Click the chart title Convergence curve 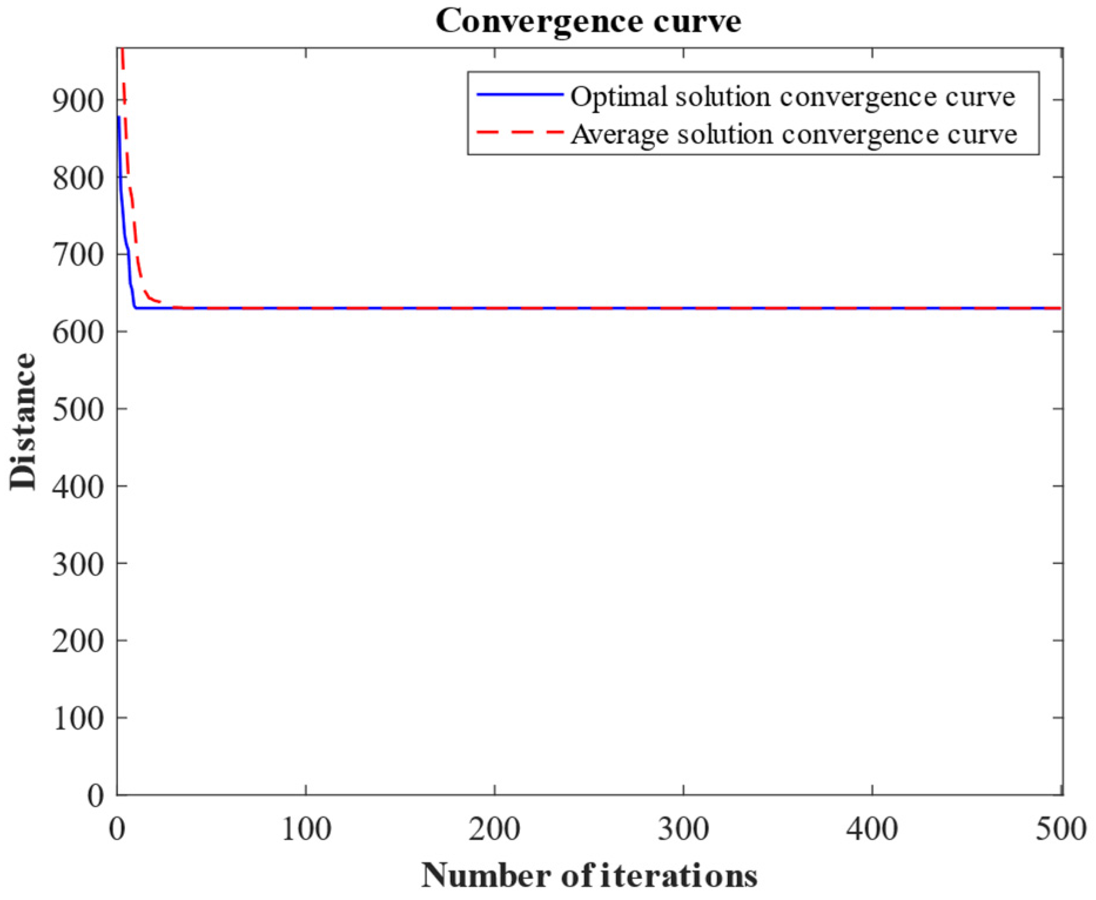click(x=588, y=22)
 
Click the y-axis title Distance click(x=23, y=422)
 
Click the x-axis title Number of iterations click(x=589, y=875)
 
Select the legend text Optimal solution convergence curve click(x=792, y=97)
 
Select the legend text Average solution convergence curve click(x=794, y=134)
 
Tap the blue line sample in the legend click(x=519, y=95)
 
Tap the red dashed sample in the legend click(x=519, y=133)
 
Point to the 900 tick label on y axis click(x=78, y=100)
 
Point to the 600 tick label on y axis click(x=78, y=332)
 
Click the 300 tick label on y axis click(x=78, y=564)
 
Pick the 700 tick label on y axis click(x=78, y=255)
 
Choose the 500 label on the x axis click(x=1060, y=830)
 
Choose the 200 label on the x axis click(x=495, y=830)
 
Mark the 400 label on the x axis click(x=872, y=830)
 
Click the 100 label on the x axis click(x=306, y=830)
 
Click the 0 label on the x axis click(x=117, y=830)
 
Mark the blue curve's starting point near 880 click(x=119, y=117)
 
